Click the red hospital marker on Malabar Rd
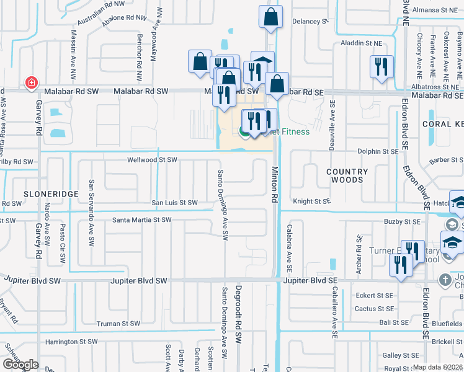pos(30,82)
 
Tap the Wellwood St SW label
pos(152,160)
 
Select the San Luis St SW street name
pos(174,203)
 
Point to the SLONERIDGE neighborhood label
pos(51,194)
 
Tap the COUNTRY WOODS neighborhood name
pos(347,175)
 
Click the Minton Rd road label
pos(274,184)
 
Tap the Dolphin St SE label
pos(378,151)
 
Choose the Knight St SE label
pos(311,201)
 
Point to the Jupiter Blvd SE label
pos(308,281)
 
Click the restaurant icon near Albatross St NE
pos(381,66)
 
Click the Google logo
pos(20,365)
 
